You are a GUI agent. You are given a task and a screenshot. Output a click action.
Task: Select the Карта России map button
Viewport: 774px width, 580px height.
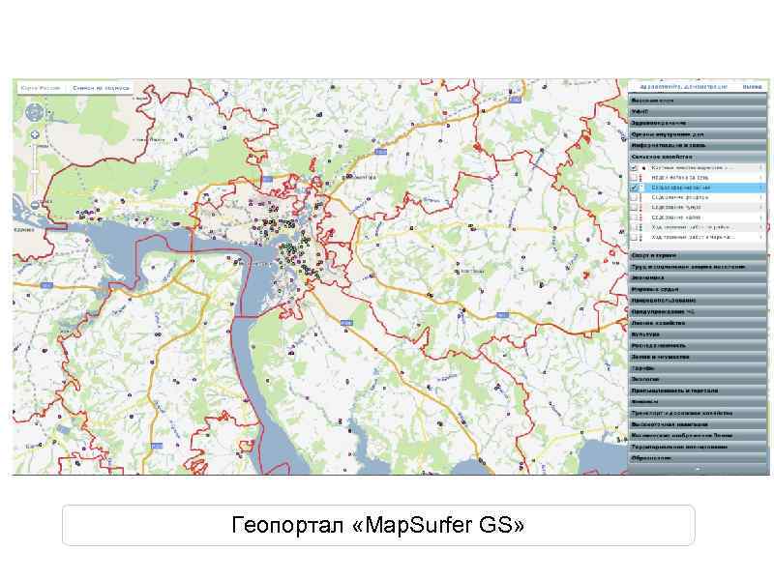click(42, 88)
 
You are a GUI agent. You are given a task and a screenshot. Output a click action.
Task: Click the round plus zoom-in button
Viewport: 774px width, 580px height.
click(34, 134)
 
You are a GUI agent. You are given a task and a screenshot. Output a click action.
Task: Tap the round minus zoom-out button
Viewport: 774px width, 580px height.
click(34, 203)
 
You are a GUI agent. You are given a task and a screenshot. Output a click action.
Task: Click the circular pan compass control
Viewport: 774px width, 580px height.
click(34, 111)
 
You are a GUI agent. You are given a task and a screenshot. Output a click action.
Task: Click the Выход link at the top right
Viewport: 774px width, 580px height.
click(751, 87)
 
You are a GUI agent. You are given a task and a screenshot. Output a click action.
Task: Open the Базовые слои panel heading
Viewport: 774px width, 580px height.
click(654, 101)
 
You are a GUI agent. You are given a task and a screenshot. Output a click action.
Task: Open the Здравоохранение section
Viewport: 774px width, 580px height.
click(659, 123)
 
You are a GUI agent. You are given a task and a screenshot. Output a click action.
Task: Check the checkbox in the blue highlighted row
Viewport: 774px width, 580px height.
click(634, 188)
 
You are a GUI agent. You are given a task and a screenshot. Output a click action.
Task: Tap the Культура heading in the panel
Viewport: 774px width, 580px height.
click(645, 334)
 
